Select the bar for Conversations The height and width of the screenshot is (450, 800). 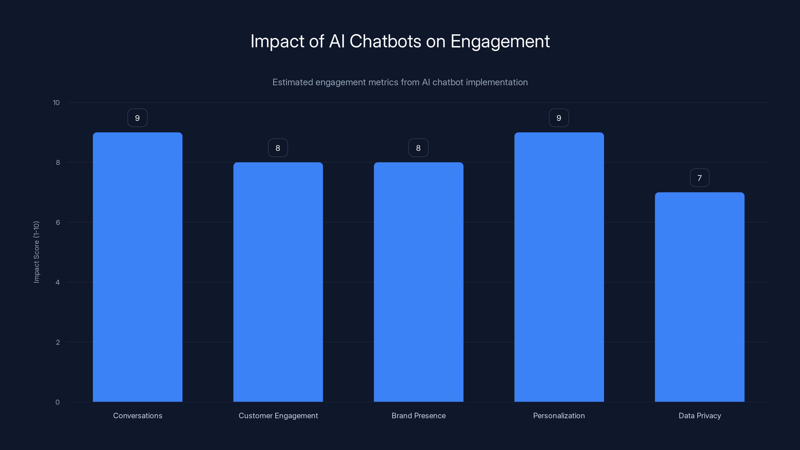coord(137,267)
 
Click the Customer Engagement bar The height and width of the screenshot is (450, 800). coord(278,282)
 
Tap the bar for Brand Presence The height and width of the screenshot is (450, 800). coord(418,282)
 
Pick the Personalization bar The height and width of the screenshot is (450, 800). coord(559,267)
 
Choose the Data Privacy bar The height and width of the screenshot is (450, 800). coord(699,297)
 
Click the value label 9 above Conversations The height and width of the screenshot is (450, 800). coord(137,118)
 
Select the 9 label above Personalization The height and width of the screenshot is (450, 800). coord(559,118)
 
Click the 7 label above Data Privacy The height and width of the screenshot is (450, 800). coord(699,178)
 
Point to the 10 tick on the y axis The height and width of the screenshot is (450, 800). coord(56,103)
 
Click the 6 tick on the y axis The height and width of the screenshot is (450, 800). coord(58,222)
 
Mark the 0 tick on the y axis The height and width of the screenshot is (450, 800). coord(57,402)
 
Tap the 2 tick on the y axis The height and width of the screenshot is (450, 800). coord(58,342)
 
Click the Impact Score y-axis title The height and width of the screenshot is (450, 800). coord(36,252)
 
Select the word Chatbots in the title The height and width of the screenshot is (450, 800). coord(385,41)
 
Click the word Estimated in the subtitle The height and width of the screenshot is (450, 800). coord(292,82)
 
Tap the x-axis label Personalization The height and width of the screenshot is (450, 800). coord(559,415)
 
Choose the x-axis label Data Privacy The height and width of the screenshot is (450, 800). coord(700,415)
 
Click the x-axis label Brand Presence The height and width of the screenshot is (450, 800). coord(418,415)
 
